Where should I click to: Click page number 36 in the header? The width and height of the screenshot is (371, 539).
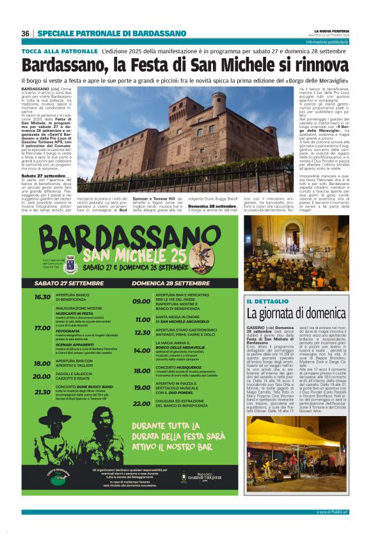[x=26, y=34]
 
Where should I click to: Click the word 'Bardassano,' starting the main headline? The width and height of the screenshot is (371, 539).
[x=58, y=65]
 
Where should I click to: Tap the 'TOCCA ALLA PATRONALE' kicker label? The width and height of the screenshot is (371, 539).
[x=59, y=50]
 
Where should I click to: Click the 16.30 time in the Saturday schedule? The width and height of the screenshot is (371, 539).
[x=42, y=297]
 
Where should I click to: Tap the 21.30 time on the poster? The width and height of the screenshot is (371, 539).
[x=42, y=392]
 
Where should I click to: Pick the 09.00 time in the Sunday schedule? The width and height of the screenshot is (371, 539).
[x=141, y=301]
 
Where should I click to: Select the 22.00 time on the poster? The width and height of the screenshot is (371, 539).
[x=141, y=404]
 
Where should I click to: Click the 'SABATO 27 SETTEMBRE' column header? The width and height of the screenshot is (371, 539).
[x=61, y=282]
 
